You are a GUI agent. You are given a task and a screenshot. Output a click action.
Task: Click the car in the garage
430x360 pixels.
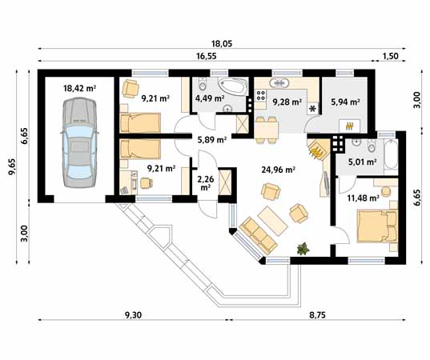[x=79, y=143]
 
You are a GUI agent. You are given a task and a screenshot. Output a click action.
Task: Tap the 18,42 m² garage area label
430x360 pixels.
[x=79, y=88]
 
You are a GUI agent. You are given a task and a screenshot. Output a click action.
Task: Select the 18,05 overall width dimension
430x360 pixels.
[x=222, y=43]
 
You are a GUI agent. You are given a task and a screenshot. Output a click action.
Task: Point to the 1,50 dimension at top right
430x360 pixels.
[x=390, y=56]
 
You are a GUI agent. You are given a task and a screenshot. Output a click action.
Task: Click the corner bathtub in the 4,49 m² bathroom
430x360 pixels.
[x=232, y=87]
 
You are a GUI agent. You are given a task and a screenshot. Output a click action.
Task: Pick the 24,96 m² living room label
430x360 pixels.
[x=278, y=170]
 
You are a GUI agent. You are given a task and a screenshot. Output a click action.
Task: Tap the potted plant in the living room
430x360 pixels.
[x=303, y=249]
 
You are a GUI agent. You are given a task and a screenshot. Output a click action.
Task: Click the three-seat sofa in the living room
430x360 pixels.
[x=258, y=235]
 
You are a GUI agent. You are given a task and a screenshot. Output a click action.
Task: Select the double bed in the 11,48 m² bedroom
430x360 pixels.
[x=377, y=226]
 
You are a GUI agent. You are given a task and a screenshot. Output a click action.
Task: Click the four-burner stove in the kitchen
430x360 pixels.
[x=260, y=95]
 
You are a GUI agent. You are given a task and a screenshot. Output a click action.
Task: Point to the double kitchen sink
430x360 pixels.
[x=279, y=82]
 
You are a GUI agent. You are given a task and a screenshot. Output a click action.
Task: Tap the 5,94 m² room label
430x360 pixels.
[x=345, y=102]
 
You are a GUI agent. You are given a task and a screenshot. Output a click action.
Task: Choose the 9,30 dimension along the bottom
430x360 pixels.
[x=133, y=315]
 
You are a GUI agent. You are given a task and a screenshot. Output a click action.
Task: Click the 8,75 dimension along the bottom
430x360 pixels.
[x=318, y=315]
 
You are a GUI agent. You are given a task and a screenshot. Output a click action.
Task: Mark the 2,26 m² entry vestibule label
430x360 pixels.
[x=206, y=183]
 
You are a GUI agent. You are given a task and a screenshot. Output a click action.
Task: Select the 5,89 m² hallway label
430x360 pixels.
[x=212, y=140]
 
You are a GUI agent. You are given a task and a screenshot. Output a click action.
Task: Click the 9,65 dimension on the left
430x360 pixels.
[x=12, y=166]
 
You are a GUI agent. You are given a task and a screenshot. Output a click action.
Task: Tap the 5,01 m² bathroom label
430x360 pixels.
[x=362, y=162]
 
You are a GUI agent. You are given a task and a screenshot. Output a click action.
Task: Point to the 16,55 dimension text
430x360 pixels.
[x=207, y=56]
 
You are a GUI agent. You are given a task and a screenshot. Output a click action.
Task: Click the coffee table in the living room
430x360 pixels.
[x=272, y=221]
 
